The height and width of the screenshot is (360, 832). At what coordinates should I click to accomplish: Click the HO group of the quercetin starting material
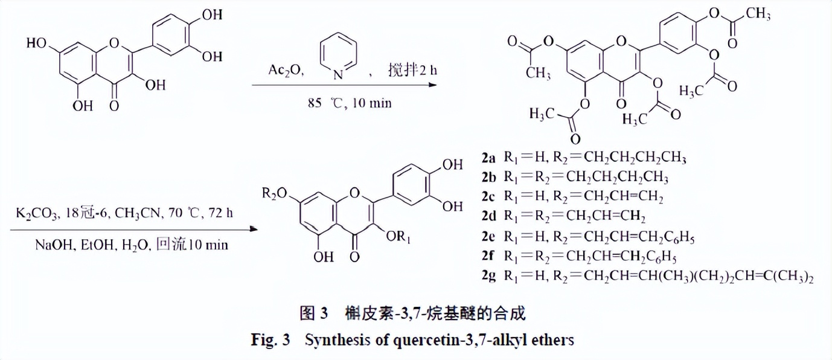37,43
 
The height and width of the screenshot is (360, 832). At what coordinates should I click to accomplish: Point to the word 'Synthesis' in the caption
333,340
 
